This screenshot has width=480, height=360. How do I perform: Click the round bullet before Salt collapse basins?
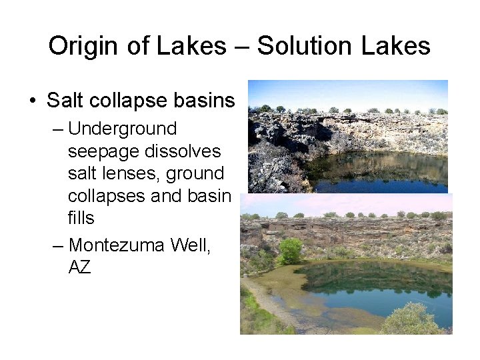pos(33,101)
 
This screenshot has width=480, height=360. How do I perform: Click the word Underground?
pos(122,129)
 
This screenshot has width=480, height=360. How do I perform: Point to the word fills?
pos(81,218)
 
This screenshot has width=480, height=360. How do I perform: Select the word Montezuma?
pos(116,245)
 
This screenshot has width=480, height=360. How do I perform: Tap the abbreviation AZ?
pos(79,267)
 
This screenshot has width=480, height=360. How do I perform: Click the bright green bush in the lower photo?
pos(290,251)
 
